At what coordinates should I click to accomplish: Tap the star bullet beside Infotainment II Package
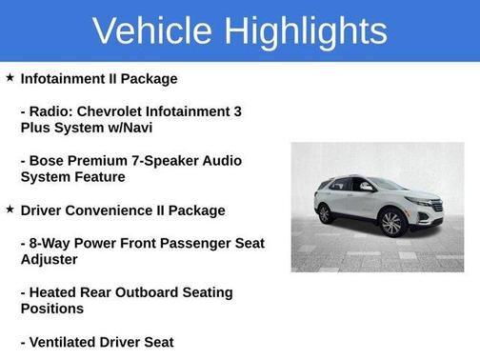coord(10,78)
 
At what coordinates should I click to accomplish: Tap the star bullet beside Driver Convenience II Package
coord(10,210)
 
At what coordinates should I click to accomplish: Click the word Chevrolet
coord(109,111)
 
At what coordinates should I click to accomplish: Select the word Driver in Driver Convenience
coord(42,210)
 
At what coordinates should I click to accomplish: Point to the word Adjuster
coord(50,259)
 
